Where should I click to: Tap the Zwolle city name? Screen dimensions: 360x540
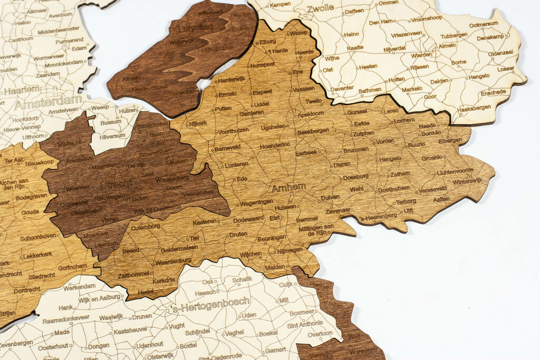pyautogui.click(x=320, y=8)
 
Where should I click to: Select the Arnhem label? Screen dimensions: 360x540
pyautogui.click(x=288, y=187)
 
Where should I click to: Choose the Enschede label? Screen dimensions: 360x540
pyautogui.click(x=493, y=92)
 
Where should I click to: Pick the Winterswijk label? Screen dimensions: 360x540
pyautogui.click(x=467, y=181)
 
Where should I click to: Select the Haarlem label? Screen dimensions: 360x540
pyautogui.click(x=22, y=90)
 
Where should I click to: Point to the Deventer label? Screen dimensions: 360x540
pyautogui.click(x=342, y=89)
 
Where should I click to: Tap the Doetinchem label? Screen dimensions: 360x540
pyautogui.click(x=393, y=188)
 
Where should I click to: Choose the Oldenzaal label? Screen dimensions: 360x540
pyautogui.click(x=500, y=53)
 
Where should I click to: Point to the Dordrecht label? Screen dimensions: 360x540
pyautogui.click(x=27, y=289)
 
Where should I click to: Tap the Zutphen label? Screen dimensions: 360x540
pyautogui.click(x=363, y=133)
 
